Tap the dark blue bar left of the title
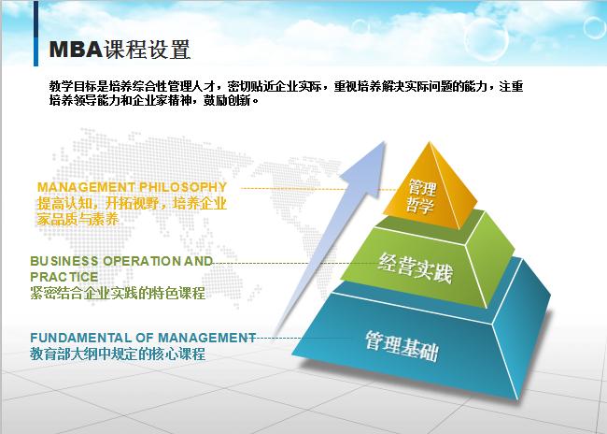38,49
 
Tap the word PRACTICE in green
64,277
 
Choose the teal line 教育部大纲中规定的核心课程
118,354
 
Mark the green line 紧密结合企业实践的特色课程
118,294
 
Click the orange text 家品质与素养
78,221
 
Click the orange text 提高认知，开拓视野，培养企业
132,203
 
